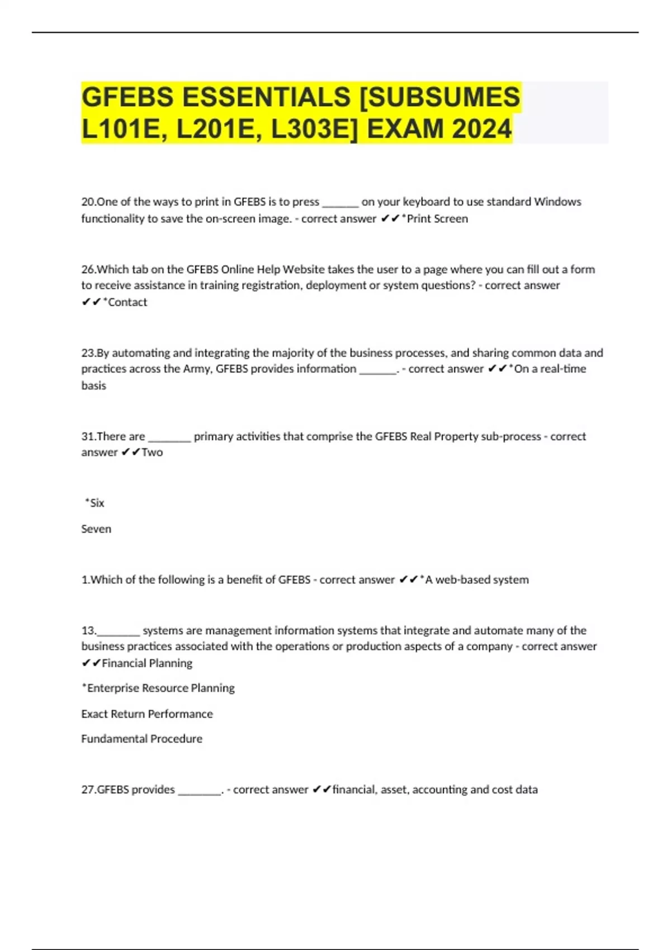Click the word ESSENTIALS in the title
[266, 97]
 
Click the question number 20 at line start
[88, 202]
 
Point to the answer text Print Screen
[437, 218]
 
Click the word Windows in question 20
[557, 202]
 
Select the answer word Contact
[127, 302]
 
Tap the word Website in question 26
[304, 269]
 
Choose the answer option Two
[152, 452]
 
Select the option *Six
[95, 503]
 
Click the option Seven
[96, 529]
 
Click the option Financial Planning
[147, 663]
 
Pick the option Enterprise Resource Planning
[159, 688]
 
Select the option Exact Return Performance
[147, 714]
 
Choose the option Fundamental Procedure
[142, 739]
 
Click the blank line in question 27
[200, 791]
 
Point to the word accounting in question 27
[440, 790]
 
